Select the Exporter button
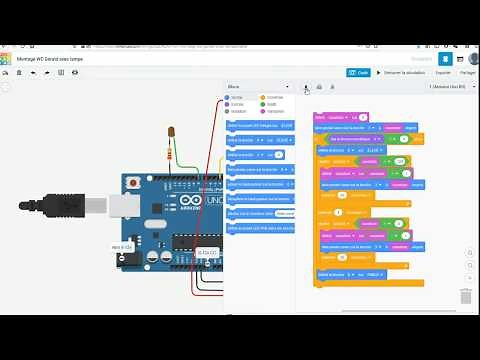443,72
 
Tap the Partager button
467,72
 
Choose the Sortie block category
237,97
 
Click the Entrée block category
237,104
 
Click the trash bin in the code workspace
465,296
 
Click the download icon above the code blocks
307,87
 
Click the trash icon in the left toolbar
20,73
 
